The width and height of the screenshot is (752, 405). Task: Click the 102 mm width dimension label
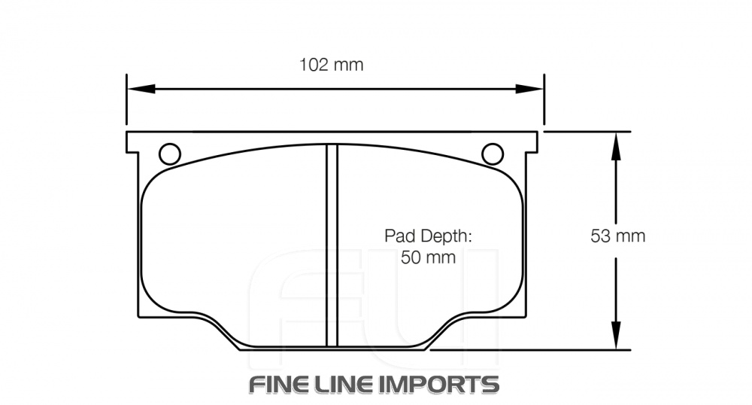point(331,65)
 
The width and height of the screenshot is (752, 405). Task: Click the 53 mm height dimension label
point(617,236)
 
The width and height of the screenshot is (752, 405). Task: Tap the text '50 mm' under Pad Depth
point(428,257)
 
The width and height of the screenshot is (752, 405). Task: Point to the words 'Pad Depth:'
point(428,236)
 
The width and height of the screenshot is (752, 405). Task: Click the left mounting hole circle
point(170,154)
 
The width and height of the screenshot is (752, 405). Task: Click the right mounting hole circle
point(493,154)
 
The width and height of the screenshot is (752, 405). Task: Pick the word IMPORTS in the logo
point(444,384)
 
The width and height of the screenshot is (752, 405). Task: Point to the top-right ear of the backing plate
point(531,142)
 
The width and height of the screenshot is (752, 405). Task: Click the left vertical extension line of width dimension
point(126,102)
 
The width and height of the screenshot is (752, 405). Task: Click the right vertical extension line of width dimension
point(544,102)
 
